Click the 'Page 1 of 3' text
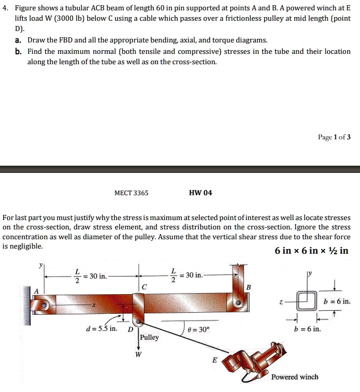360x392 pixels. click(334, 137)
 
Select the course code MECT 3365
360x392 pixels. click(131, 193)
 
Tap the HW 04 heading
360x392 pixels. click(200, 193)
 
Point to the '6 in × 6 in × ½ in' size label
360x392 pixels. click(311, 251)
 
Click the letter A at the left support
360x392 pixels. click(36, 291)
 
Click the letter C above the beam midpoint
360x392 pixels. click(144, 286)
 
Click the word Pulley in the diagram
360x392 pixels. click(149, 337)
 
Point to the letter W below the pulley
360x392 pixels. click(138, 355)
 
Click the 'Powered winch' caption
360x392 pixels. click(295, 377)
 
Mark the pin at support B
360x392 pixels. click(239, 302)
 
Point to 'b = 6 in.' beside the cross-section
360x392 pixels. click(337, 301)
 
